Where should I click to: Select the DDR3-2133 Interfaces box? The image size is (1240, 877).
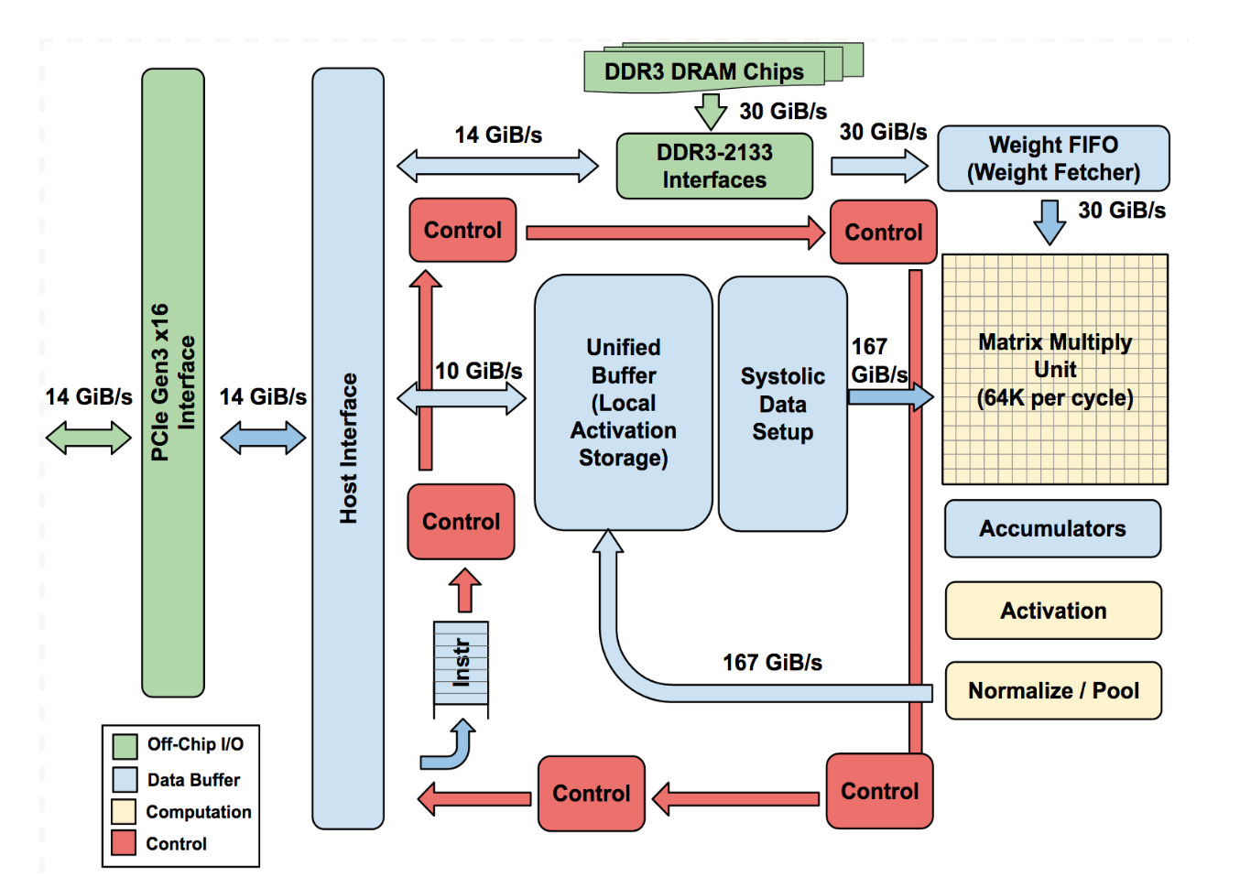pyautogui.click(x=714, y=166)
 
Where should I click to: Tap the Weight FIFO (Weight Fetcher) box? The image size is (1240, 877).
pyautogui.click(x=1053, y=158)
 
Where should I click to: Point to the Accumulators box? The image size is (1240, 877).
pyautogui.click(x=1052, y=528)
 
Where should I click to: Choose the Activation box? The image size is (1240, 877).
pyautogui.click(x=1053, y=611)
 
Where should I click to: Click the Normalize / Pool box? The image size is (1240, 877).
pyautogui.click(x=1053, y=690)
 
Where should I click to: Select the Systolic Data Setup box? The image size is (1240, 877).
pyautogui.click(x=783, y=404)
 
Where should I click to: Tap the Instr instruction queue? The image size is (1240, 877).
pyautogui.click(x=461, y=663)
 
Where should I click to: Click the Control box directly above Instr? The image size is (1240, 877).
pyautogui.click(x=462, y=522)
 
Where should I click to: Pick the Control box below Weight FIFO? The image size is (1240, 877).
pyautogui.click(x=884, y=232)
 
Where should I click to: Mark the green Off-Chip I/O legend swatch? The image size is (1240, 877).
pyautogui.click(x=125, y=746)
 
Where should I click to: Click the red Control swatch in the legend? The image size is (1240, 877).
pyautogui.click(x=124, y=842)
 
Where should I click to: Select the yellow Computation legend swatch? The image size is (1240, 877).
pyautogui.click(x=124, y=811)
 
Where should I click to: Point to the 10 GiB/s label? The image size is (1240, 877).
pyautogui.click(x=478, y=371)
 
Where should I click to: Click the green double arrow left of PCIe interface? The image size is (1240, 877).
pyautogui.click(x=89, y=438)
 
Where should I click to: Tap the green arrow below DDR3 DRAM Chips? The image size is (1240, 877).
pyautogui.click(x=711, y=112)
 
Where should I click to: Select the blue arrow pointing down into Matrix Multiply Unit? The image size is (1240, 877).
pyautogui.click(x=1050, y=222)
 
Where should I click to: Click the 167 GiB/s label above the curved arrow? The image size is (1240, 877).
pyautogui.click(x=772, y=662)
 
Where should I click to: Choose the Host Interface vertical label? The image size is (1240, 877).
pyautogui.click(x=349, y=449)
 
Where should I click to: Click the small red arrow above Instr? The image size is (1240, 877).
pyautogui.click(x=464, y=590)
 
